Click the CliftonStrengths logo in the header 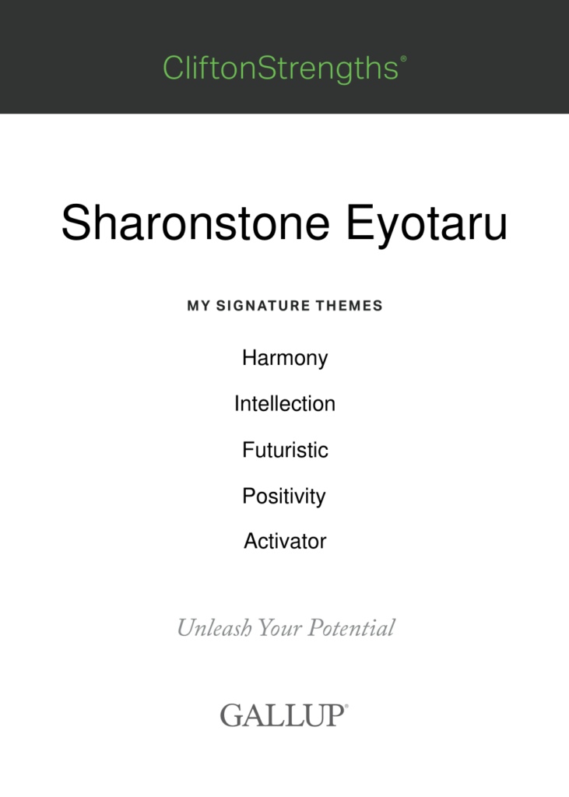click(x=284, y=68)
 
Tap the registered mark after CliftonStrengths click(x=404, y=58)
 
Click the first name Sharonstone click(x=196, y=222)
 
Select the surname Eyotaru click(x=427, y=226)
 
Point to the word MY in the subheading click(x=198, y=305)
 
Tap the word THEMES click(x=349, y=305)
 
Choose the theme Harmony click(x=285, y=358)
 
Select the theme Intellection click(x=285, y=404)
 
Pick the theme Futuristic click(x=285, y=450)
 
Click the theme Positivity click(x=284, y=497)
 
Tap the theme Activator click(x=285, y=542)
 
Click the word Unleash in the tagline click(x=214, y=628)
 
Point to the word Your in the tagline click(x=279, y=628)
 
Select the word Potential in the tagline click(x=351, y=628)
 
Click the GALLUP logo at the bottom click(x=284, y=715)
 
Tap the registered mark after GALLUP click(x=347, y=706)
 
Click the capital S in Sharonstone click(x=75, y=222)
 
